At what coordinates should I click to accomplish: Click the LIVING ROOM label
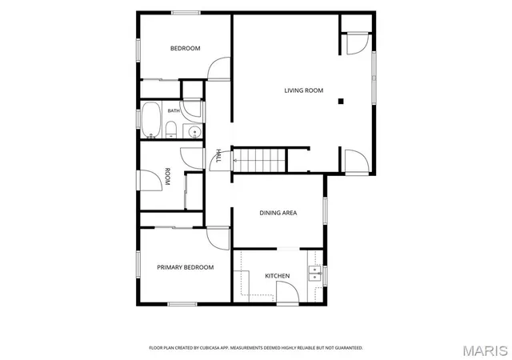pyautogui.click(x=304, y=90)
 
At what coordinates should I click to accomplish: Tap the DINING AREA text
pyautogui.click(x=278, y=213)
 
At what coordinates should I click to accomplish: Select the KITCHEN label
pyautogui.click(x=278, y=276)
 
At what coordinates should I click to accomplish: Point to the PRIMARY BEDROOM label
pyautogui.click(x=186, y=267)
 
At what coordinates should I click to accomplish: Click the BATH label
pyautogui.click(x=174, y=110)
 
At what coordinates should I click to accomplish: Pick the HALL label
pyautogui.click(x=218, y=156)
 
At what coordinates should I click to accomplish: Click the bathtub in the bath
pyautogui.click(x=151, y=119)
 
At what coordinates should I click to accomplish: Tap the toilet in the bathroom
pyautogui.click(x=170, y=130)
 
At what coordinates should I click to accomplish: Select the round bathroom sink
pyautogui.click(x=194, y=132)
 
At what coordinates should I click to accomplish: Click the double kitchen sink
pyautogui.click(x=315, y=274)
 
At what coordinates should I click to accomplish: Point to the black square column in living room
pyautogui.click(x=341, y=102)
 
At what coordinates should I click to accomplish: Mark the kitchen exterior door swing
pyautogui.click(x=288, y=293)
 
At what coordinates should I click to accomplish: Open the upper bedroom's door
pyautogui.click(x=218, y=69)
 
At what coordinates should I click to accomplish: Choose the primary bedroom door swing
pyautogui.click(x=218, y=238)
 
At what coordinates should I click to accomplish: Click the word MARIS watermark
pyautogui.click(x=486, y=351)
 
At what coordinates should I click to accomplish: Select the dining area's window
pyautogui.click(x=325, y=210)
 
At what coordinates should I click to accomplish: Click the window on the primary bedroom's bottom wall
pyautogui.click(x=182, y=304)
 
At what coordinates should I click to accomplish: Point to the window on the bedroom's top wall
pyautogui.click(x=186, y=13)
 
